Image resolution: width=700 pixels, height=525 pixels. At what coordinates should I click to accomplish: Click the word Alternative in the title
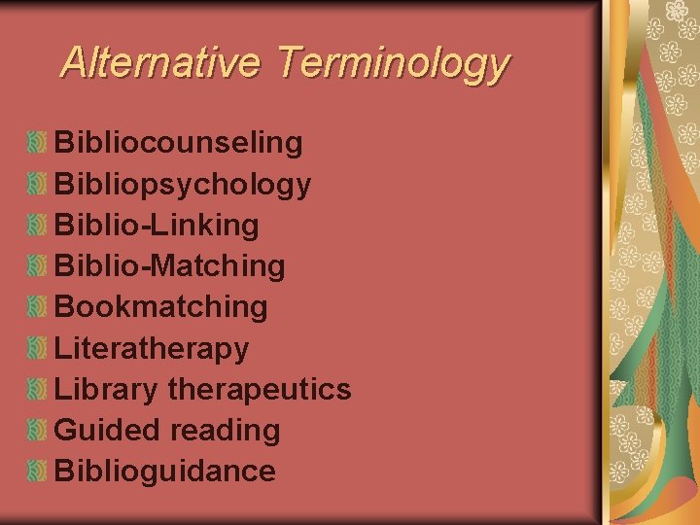[160, 62]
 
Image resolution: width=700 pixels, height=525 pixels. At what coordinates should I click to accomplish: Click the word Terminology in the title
[392, 64]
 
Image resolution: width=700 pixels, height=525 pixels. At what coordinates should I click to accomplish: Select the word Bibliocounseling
[179, 143]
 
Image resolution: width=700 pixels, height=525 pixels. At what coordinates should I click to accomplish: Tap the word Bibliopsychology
[183, 185]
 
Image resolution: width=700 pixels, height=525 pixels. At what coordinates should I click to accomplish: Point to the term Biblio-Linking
[157, 225]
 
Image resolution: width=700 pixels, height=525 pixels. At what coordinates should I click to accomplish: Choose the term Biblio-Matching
[170, 265]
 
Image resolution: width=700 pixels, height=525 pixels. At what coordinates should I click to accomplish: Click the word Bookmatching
[161, 306]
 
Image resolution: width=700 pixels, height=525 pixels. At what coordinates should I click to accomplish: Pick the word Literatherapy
[152, 348]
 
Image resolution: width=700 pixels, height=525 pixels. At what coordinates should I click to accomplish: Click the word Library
[106, 390]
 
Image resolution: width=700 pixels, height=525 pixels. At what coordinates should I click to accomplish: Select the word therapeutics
[260, 390]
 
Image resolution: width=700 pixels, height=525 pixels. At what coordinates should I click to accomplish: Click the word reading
[225, 431]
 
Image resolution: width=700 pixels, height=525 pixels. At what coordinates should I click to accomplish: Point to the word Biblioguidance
[165, 471]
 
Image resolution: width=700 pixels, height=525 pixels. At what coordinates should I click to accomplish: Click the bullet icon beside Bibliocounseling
[37, 144]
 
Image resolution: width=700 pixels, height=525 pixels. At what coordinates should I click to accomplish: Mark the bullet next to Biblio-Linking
[37, 226]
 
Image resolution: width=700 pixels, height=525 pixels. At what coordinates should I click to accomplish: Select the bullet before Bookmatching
[37, 307]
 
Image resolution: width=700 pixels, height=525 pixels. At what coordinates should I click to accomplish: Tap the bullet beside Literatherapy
[37, 348]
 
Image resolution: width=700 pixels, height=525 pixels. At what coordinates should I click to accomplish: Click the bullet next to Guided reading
[37, 430]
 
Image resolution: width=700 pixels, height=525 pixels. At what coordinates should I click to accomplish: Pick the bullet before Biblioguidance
[37, 471]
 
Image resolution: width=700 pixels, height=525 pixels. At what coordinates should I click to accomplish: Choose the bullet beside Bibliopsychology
[37, 185]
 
